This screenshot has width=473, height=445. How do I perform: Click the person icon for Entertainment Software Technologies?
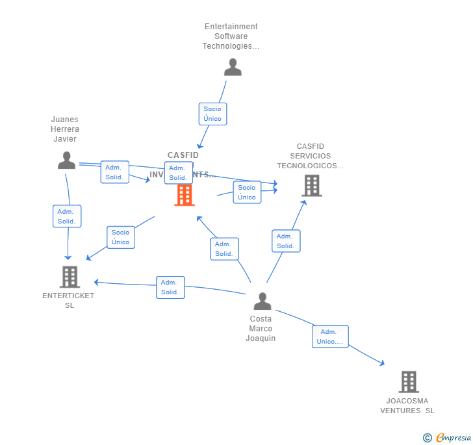233,67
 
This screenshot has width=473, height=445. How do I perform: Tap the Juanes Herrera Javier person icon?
66,160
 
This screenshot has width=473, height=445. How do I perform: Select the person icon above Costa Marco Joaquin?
262,301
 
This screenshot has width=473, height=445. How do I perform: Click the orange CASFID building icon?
185,194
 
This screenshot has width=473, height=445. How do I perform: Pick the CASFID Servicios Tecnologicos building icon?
312,186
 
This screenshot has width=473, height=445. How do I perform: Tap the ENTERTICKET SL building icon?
69,277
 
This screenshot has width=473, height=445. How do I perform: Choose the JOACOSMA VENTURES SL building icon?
408,382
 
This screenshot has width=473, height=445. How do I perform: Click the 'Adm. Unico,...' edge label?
330,337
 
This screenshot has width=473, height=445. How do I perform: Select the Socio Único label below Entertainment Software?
212,114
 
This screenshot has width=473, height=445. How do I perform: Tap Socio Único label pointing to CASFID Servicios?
247,192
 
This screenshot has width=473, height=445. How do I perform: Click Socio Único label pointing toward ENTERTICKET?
120,237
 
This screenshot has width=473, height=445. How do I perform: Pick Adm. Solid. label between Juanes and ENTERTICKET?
67,216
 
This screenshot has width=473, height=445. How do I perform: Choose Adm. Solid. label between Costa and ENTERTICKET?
170,287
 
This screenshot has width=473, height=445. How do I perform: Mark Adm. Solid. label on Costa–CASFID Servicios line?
286,241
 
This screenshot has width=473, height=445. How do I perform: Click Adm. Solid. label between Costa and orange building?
224,249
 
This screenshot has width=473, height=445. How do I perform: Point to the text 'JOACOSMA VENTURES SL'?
407,405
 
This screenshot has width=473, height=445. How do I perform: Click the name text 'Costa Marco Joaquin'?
261,329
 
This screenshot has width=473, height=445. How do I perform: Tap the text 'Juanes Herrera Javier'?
64,129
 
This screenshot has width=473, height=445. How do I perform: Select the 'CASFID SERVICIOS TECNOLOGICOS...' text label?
310,156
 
